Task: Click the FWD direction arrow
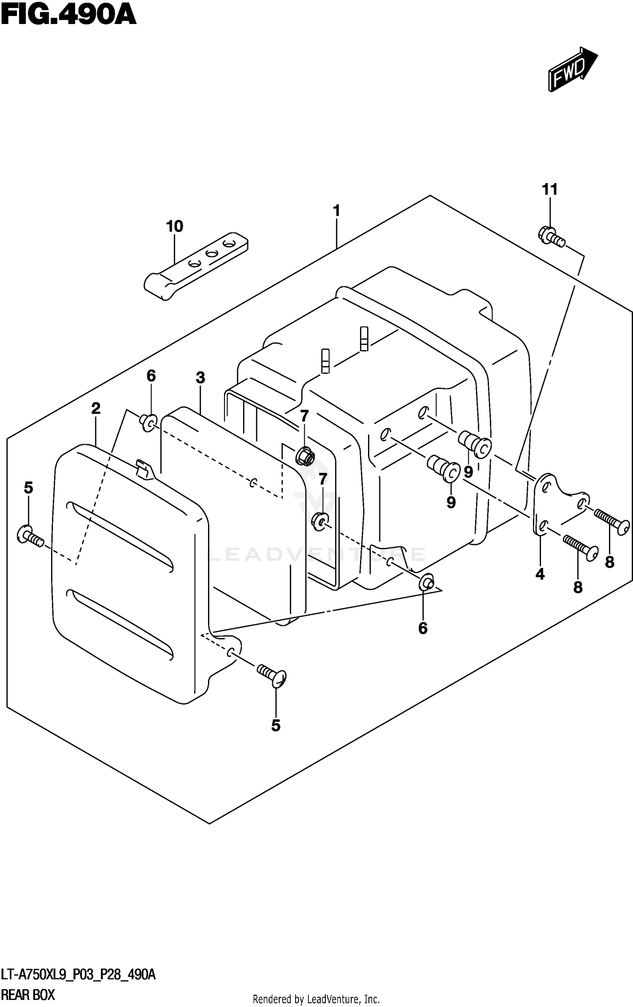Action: pos(572,70)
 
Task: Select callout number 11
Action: pos(549,189)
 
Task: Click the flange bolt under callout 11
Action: pos(551,237)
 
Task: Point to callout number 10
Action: pos(174,227)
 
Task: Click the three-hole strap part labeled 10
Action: pos(196,265)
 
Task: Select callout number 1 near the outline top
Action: pos(336,211)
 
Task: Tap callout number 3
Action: pos(200,378)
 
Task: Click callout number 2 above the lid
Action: pos(96,408)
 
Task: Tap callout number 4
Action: pos(540,574)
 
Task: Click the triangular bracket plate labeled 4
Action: pos(557,504)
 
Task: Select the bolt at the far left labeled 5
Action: pos(30,536)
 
